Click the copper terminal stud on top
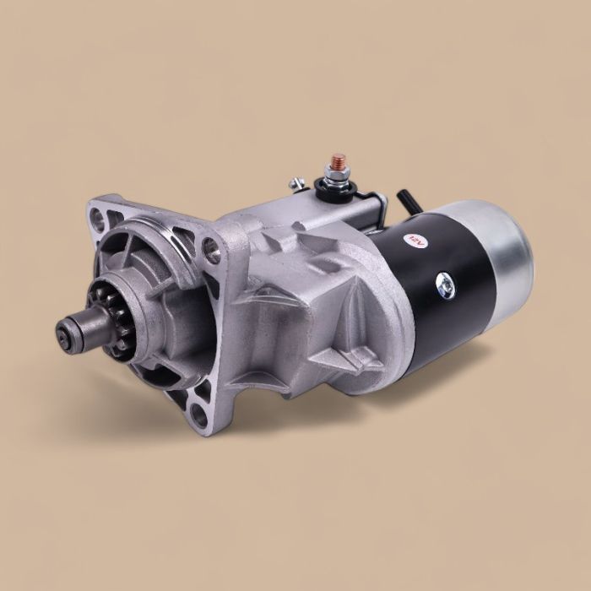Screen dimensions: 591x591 pyautogui.click(x=339, y=161)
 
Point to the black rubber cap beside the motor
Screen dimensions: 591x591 pyautogui.click(x=404, y=202)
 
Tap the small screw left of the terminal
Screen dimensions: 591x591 pyautogui.click(x=295, y=183)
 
